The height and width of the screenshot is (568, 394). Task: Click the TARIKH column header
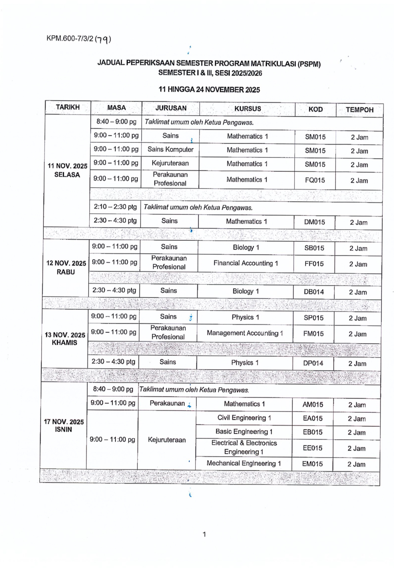[x=67, y=107]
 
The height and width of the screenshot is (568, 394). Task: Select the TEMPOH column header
[x=359, y=110]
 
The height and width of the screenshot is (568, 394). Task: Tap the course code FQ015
[x=315, y=180]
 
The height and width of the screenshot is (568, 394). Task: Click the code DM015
[x=314, y=222]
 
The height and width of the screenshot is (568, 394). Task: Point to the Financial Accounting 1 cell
[x=246, y=263]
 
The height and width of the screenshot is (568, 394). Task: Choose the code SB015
[x=314, y=248]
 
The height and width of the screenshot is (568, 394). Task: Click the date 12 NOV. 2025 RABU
[x=66, y=267]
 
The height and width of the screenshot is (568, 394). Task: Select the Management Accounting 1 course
[x=245, y=333]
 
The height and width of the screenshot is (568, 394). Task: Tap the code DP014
[x=313, y=363]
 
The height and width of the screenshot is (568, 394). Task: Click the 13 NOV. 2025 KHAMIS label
[x=65, y=338]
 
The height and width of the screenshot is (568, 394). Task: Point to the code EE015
[x=312, y=448]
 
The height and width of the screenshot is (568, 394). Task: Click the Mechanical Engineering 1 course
[x=243, y=463]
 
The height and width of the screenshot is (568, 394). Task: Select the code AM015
[x=313, y=405]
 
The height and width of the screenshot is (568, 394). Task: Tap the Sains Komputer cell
[x=170, y=149]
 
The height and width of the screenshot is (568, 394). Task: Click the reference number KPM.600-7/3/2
[x=70, y=39]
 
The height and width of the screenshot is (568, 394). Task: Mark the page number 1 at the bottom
[x=204, y=534]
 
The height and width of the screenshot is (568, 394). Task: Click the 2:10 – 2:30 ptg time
[x=115, y=207]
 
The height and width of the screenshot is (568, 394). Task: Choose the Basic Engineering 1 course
[x=244, y=431]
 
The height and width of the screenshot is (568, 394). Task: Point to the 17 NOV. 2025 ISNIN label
[x=64, y=425]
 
